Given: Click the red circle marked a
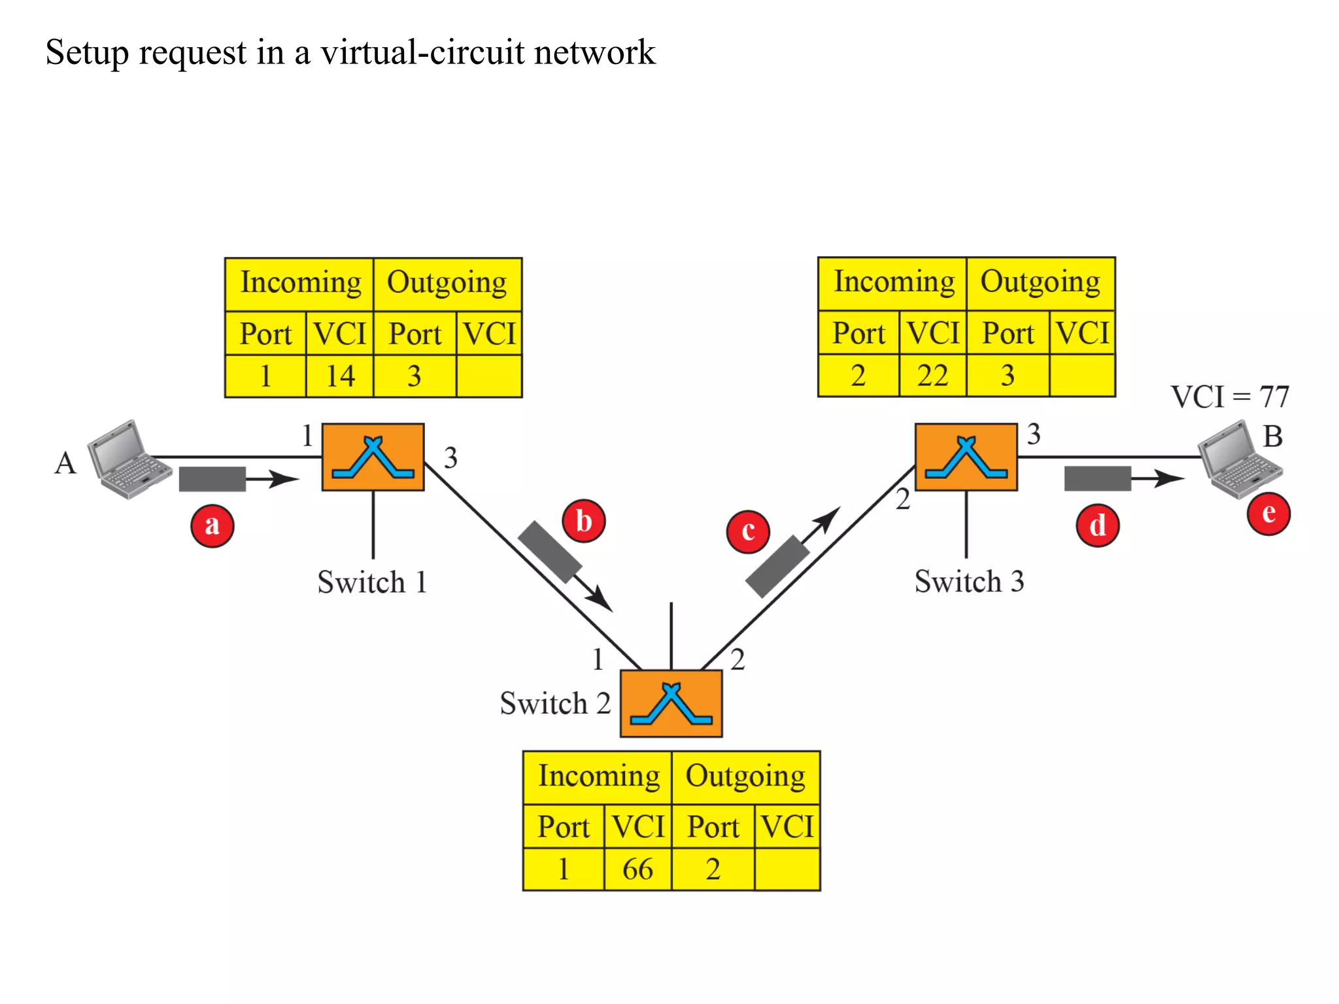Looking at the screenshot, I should point(212,526).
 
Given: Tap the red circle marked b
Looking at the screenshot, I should point(584,522).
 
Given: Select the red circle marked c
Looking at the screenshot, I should point(748,531).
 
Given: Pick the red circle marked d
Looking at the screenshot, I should point(1098,526).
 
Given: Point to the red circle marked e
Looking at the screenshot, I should point(1268,514).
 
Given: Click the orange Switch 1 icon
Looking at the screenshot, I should point(373,457).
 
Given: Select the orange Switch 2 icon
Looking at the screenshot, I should point(671,703).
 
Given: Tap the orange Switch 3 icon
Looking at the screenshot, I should point(966,457).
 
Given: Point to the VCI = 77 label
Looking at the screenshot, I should point(1229,397).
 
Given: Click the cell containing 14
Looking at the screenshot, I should point(339,376).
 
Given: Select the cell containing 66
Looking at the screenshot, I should point(637,869).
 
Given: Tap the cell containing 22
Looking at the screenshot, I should point(932,376).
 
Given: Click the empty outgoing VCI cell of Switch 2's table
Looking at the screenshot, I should point(787,869).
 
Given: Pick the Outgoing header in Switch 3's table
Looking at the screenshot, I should point(1040,282).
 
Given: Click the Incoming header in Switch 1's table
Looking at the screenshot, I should point(300,283).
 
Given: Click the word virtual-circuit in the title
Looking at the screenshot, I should point(422,52).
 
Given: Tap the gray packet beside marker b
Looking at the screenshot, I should point(549,552).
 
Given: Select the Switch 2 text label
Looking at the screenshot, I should point(555,704).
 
